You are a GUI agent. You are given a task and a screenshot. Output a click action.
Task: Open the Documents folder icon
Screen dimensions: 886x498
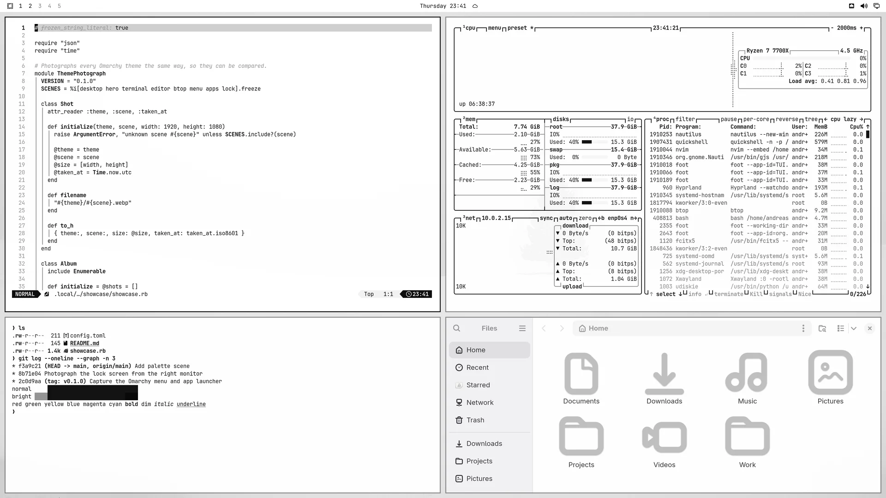click(x=581, y=373)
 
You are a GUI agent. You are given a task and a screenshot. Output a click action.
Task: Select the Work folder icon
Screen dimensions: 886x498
click(x=748, y=436)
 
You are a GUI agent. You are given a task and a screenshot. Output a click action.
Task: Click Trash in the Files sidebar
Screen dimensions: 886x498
click(x=475, y=420)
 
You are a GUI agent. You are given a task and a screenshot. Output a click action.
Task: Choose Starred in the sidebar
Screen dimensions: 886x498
click(x=478, y=385)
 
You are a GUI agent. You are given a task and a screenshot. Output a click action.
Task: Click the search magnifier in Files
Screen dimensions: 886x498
click(x=457, y=328)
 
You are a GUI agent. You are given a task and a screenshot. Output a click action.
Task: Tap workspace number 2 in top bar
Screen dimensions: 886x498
click(x=30, y=6)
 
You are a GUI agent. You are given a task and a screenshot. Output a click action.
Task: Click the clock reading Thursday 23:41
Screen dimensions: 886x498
click(x=443, y=6)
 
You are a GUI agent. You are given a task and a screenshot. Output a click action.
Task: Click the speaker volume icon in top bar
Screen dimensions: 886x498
click(x=864, y=6)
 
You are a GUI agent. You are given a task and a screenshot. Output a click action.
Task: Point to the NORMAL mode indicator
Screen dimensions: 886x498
click(x=25, y=294)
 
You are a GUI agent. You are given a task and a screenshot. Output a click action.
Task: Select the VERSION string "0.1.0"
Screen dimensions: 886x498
click(x=84, y=81)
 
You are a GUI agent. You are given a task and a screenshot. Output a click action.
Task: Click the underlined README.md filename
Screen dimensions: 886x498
click(x=84, y=344)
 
